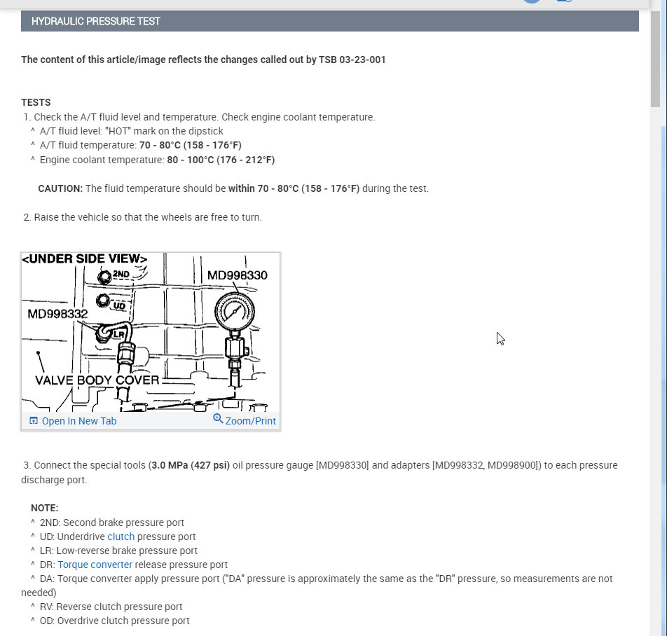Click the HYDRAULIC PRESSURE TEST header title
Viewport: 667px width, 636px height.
(96, 21)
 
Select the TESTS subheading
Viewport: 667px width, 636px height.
(36, 102)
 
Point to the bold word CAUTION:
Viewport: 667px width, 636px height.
(60, 188)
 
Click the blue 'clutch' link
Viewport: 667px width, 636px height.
(121, 537)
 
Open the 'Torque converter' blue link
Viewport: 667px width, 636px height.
(95, 565)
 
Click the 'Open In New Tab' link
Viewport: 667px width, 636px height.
(78, 421)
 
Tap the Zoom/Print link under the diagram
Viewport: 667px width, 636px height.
(250, 421)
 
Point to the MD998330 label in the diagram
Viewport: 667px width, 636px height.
(237, 275)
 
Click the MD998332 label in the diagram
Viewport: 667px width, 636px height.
(57, 313)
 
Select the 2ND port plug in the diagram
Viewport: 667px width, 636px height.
(106, 277)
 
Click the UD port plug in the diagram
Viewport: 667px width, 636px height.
(104, 301)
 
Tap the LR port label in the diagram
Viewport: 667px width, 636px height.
(118, 334)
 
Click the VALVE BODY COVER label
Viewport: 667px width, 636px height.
(97, 380)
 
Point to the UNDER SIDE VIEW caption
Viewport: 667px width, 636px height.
(85, 259)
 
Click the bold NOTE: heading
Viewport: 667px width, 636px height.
(44, 508)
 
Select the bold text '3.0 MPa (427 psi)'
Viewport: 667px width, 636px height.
(190, 465)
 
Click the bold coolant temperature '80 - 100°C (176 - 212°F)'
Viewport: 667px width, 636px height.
(221, 160)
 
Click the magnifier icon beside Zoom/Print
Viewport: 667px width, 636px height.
(218, 419)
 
